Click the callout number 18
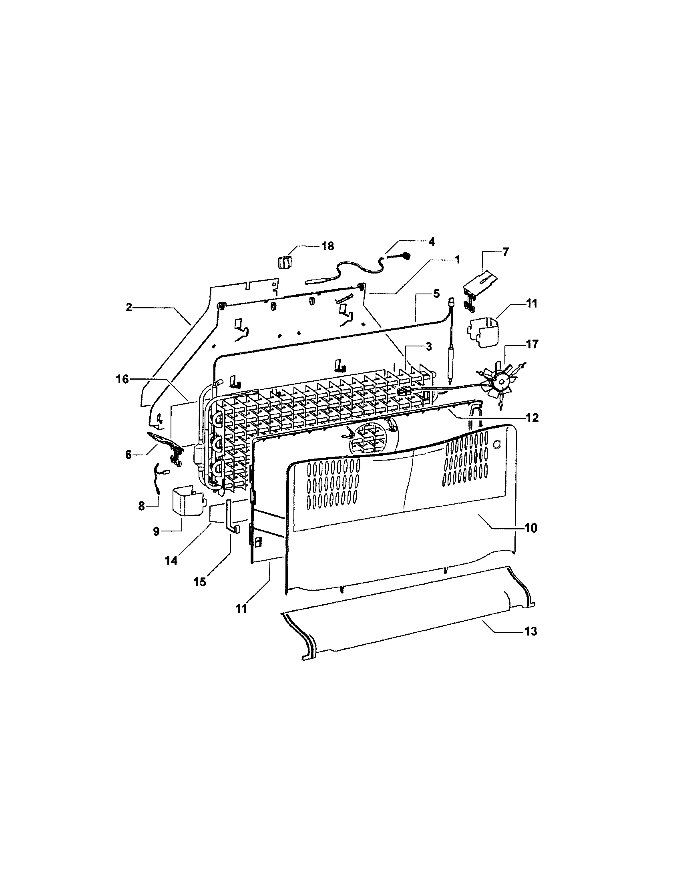(327, 246)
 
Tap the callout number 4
(431, 241)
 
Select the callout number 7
(505, 252)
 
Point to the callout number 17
(531, 344)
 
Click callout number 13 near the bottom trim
(531, 631)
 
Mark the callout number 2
(129, 308)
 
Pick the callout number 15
(200, 581)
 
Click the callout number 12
(532, 418)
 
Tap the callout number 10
(531, 528)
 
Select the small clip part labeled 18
(284, 263)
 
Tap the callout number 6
(128, 455)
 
